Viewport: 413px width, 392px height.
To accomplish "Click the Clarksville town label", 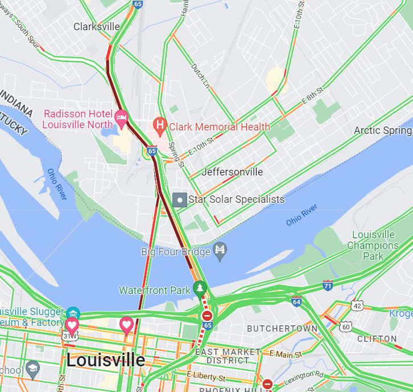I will point(97,27).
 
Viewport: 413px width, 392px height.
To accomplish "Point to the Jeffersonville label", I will point(232,171).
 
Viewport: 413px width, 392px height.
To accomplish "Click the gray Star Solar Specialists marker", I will point(180,199).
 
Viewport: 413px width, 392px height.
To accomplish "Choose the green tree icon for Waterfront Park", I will point(199,288).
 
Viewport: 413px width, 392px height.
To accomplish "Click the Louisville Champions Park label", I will point(373,246).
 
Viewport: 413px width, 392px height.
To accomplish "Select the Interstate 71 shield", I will point(328,285).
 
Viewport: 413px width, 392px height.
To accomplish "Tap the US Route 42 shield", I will point(357,306).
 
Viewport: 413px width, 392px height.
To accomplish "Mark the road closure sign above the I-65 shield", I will point(207,315).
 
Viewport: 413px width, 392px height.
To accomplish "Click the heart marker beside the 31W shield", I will point(72,325).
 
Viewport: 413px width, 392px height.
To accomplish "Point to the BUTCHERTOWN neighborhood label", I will point(282,329).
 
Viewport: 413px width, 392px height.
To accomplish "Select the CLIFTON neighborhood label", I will point(377,338).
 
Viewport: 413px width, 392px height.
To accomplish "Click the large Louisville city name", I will point(105,360).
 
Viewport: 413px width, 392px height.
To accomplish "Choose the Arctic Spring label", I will point(382,130).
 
